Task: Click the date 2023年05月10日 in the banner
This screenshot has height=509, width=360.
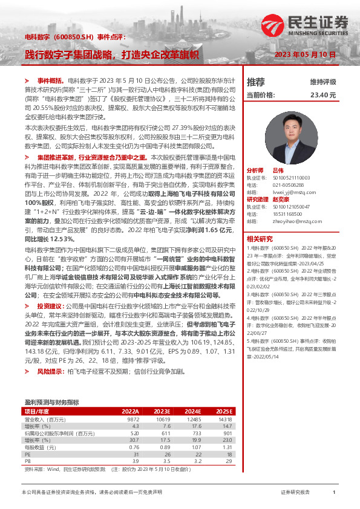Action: [305, 54]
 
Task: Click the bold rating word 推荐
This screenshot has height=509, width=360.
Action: [256, 82]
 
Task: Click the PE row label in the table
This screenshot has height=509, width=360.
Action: [28, 455]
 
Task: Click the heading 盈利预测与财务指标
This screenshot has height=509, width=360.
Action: [51, 402]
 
